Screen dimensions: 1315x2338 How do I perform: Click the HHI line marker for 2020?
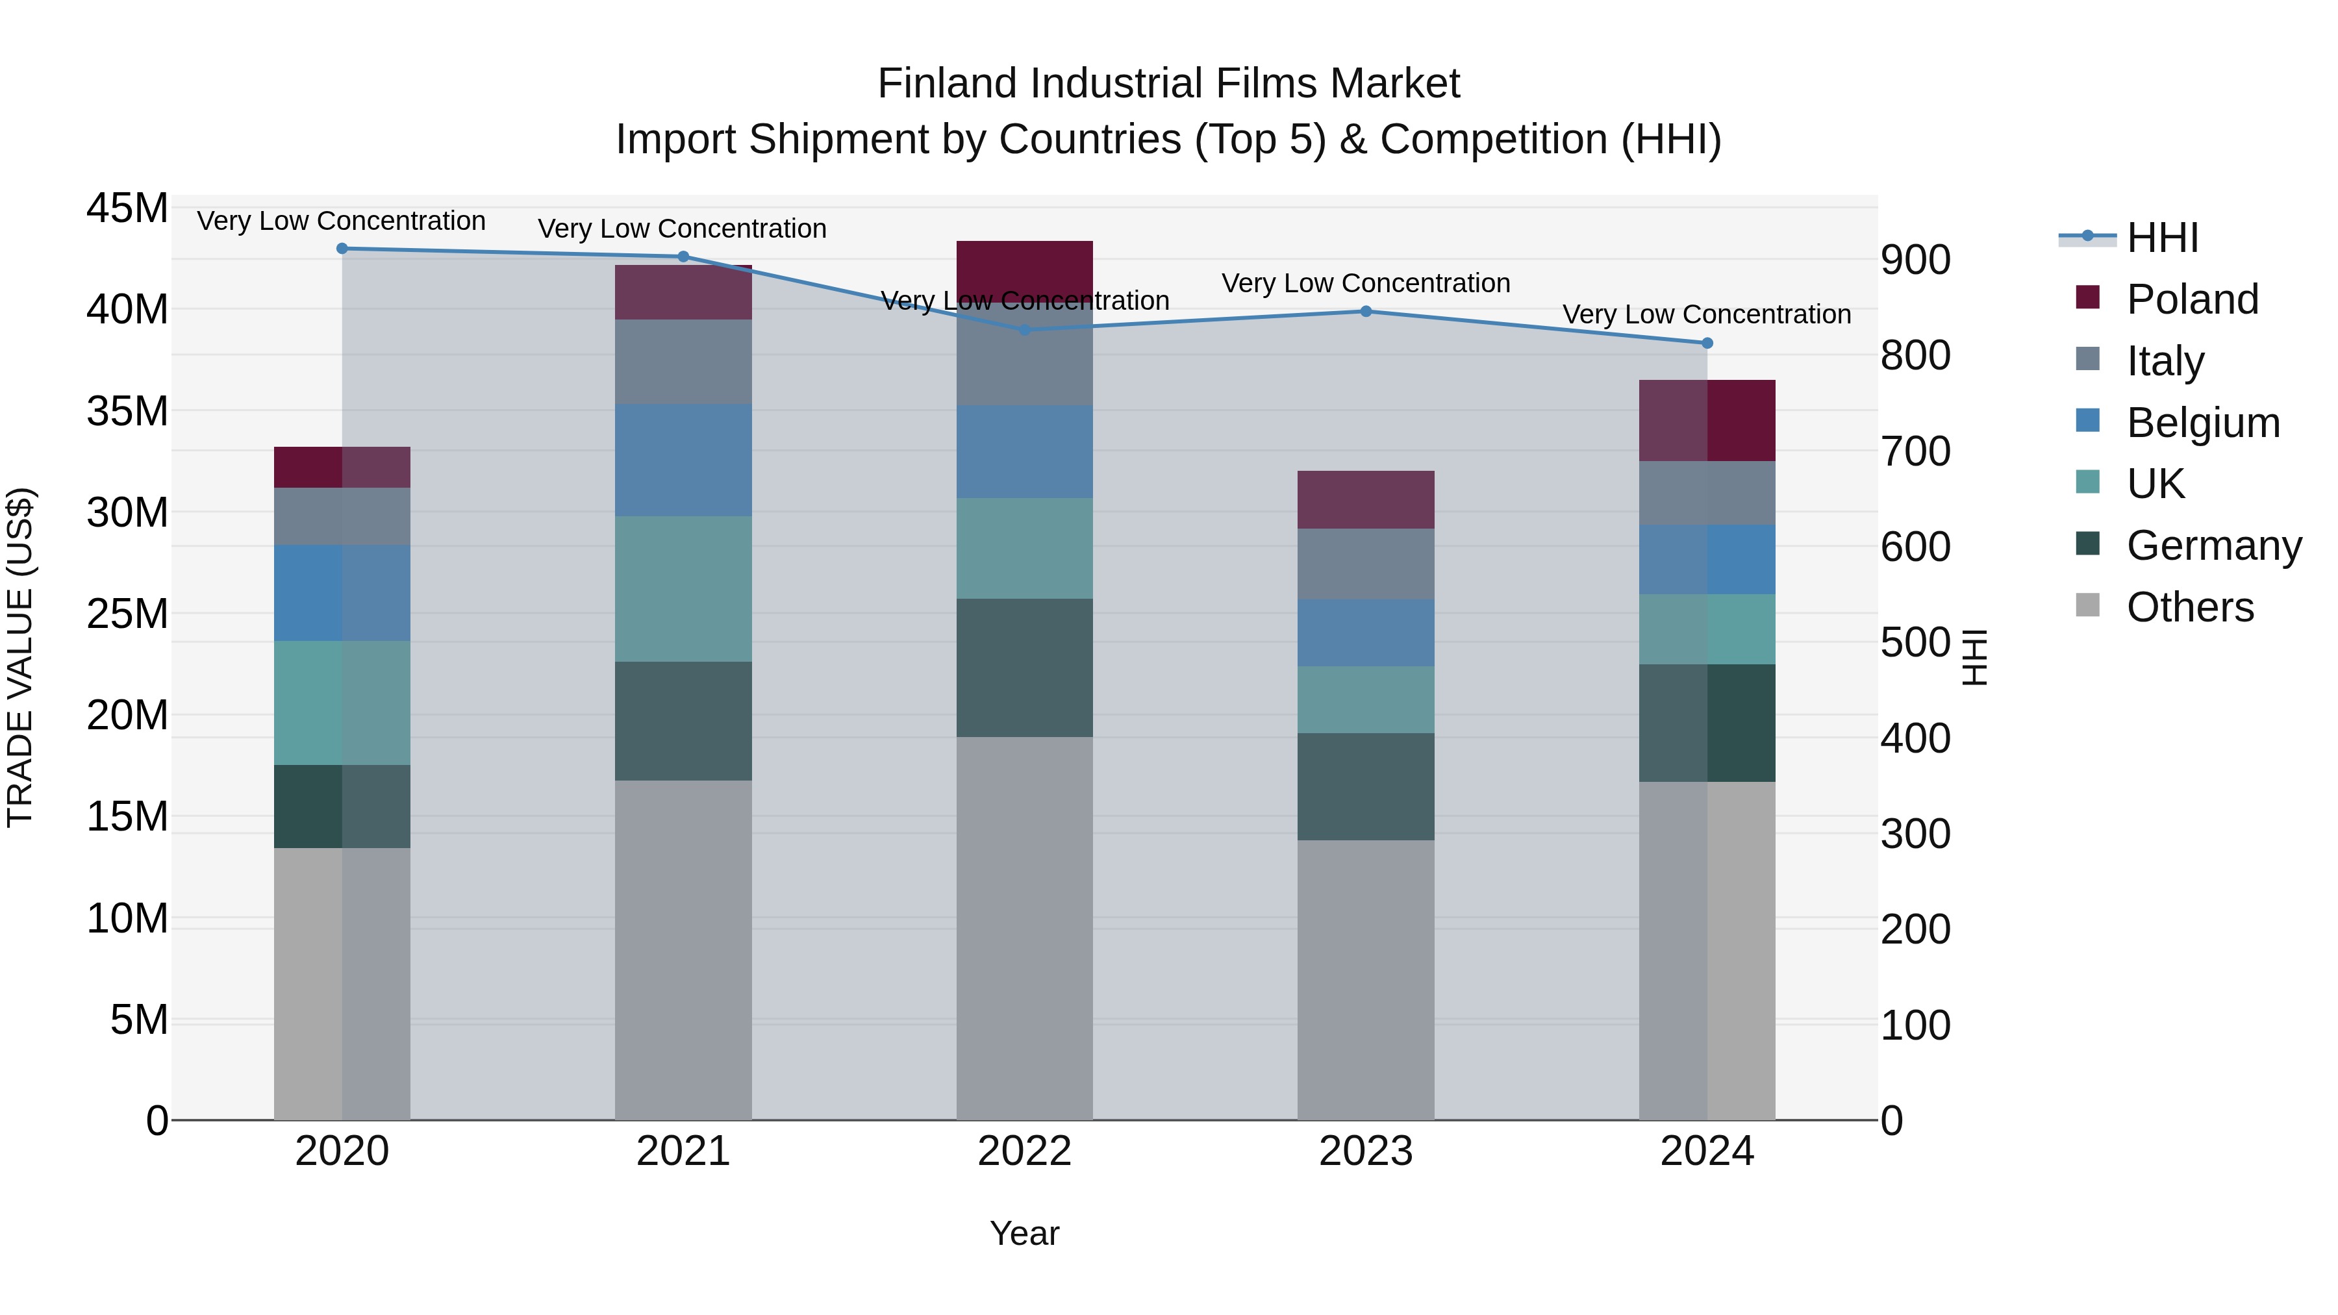click(x=342, y=249)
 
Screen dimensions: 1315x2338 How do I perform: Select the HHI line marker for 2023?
click(x=1366, y=311)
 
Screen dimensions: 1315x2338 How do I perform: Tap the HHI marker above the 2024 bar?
click(x=1707, y=343)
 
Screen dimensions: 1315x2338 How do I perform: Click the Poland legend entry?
click(x=2191, y=299)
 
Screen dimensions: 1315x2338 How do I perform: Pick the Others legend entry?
click(x=2189, y=607)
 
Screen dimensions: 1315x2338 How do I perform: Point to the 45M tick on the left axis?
click(x=127, y=208)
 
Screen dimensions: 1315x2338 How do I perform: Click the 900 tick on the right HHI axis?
click(x=1915, y=260)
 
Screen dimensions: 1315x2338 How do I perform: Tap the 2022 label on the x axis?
click(x=1025, y=1151)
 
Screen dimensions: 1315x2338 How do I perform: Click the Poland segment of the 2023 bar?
click(x=1366, y=500)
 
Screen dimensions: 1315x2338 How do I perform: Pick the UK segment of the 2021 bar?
click(x=683, y=589)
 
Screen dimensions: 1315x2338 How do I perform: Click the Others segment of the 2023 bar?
click(x=1366, y=980)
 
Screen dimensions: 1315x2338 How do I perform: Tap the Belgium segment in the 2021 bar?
click(x=683, y=460)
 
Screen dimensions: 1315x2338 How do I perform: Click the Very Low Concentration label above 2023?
click(x=1366, y=283)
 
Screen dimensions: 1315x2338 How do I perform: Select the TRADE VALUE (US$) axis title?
click(x=20, y=657)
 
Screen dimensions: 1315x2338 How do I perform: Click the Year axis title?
click(x=1025, y=1233)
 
